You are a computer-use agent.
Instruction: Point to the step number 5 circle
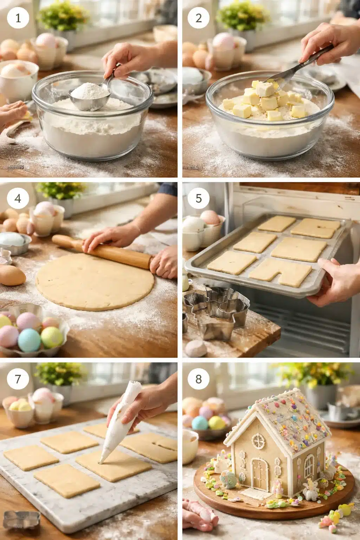point(199,199)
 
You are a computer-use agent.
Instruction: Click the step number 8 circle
point(199,379)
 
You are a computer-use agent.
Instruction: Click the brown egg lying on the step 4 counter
point(12,275)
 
